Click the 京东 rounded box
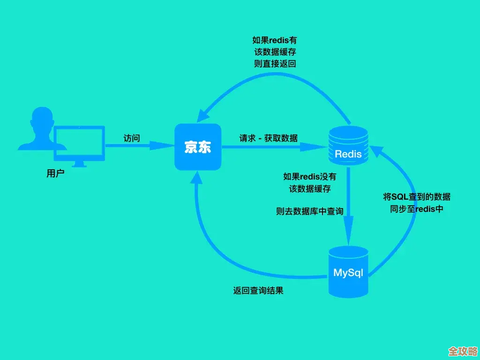click(197, 147)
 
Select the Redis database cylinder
click(348, 146)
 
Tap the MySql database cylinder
click(348, 272)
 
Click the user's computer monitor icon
click(80, 143)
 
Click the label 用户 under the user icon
click(55, 174)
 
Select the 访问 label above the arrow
click(132, 138)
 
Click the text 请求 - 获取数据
click(269, 138)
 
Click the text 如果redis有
click(275, 40)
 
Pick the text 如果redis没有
click(310, 177)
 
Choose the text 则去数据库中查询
click(310, 211)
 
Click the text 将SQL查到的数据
click(417, 197)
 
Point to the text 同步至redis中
click(417, 209)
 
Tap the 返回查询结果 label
click(258, 291)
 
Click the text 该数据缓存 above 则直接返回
click(275, 52)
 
